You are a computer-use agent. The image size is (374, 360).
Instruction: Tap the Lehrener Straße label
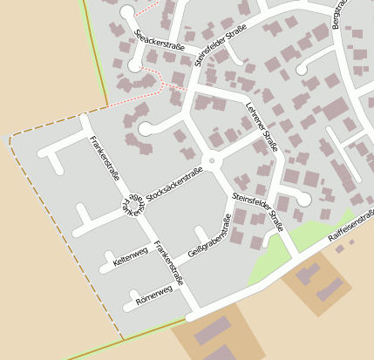tap(262, 128)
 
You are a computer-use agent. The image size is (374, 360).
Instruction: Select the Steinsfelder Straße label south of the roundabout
tap(260, 213)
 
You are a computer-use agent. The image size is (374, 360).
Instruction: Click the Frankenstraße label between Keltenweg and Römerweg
tap(169, 265)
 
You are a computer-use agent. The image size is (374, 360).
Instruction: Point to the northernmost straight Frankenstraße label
tap(105, 158)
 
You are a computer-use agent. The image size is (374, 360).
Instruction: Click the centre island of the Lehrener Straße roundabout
tap(211, 160)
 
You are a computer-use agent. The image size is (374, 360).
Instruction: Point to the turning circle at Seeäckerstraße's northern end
tap(128, 12)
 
